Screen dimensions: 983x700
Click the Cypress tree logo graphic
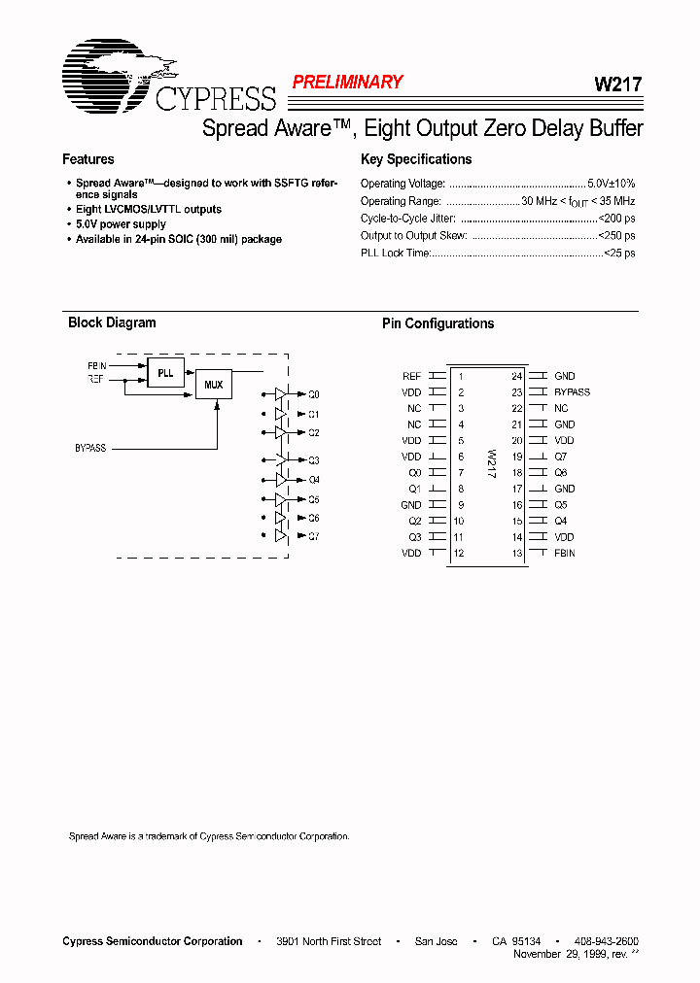[x=107, y=73]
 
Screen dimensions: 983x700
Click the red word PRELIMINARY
[x=347, y=83]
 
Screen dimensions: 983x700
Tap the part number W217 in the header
[x=617, y=85]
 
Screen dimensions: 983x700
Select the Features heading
[x=88, y=159]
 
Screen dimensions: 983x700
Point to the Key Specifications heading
[x=416, y=159]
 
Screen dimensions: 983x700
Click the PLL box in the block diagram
[x=165, y=371]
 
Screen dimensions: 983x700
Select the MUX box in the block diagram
[x=213, y=385]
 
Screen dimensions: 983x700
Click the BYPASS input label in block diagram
[x=90, y=449]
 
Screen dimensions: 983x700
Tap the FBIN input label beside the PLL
[x=96, y=365]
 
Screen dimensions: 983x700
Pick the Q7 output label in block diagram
[x=313, y=536]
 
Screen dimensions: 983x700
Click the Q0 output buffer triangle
[x=280, y=394]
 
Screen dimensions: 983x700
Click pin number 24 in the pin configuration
[x=517, y=376]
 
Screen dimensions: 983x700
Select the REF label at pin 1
[x=411, y=376]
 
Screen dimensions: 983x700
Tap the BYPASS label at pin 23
[x=572, y=392]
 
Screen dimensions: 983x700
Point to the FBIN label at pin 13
[x=564, y=553]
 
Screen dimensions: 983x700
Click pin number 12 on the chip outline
[x=460, y=553]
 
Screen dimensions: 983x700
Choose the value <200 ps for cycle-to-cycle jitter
[x=615, y=219]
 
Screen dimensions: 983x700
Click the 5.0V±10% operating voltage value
[x=612, y=184]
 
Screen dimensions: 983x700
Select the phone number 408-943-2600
[x=607, y=941]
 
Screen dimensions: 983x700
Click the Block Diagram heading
[x=112, y=322]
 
